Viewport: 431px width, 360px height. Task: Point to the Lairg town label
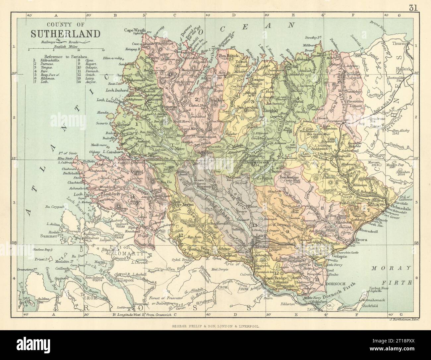[x=262, y=236]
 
